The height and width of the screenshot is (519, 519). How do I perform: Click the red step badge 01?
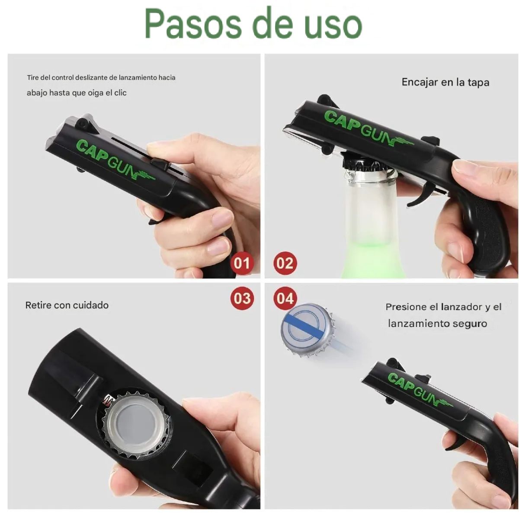(242, 263)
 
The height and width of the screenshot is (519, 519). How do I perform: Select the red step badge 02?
(285, 263)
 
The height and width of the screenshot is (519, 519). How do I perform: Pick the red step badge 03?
(242, 298)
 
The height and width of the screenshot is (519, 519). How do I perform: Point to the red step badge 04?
(285, 298)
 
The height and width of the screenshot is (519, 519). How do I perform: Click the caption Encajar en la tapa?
(445, 82)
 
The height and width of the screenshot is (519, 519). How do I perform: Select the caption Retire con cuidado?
(67, 305)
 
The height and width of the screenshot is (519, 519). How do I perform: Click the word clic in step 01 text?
(120, 93)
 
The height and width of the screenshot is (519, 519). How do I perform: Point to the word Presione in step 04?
(405, 307)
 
